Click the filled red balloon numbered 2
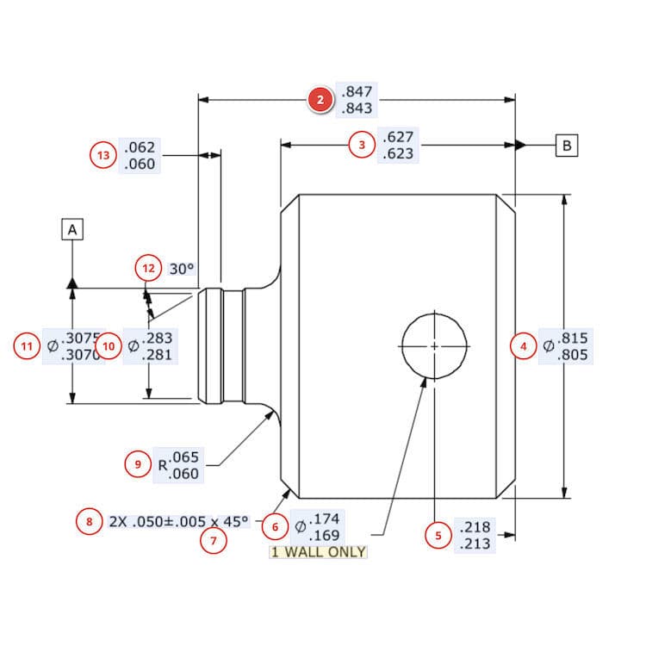pos(320,101)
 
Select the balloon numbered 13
pos(104,156)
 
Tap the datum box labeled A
pos(72,229)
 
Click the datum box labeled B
pos(567,145)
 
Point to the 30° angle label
pos(182,268)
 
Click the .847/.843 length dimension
pos(357,101)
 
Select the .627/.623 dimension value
pos(397,146)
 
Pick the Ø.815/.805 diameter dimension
pos(566,346)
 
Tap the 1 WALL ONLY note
pos(319,552)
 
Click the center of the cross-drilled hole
pos(435,345)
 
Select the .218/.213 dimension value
pos(476,536)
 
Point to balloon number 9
pos(138,464)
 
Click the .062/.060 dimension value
pos(140,156)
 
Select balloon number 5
pos(438,535)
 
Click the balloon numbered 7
pos(213,541)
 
